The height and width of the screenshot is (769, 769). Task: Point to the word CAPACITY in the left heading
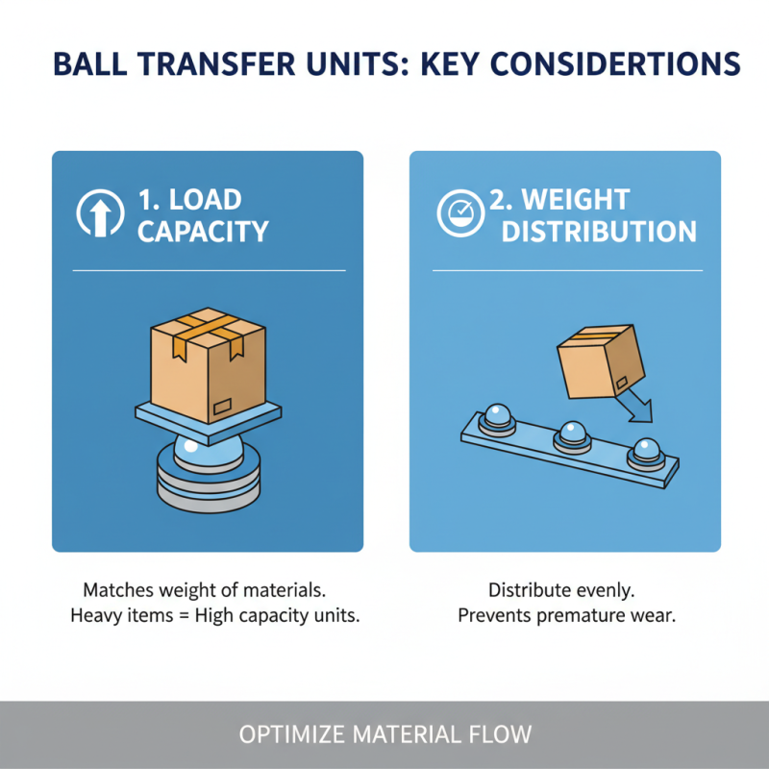click(203, 232)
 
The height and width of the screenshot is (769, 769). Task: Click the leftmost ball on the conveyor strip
click(501, 417)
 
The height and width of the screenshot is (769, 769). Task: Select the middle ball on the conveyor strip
click(573, 434)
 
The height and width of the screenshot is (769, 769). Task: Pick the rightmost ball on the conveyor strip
click(642, 452)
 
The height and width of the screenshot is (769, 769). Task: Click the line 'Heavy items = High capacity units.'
click(215, 616)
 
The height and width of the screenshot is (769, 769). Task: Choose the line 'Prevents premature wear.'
click(566, 616)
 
